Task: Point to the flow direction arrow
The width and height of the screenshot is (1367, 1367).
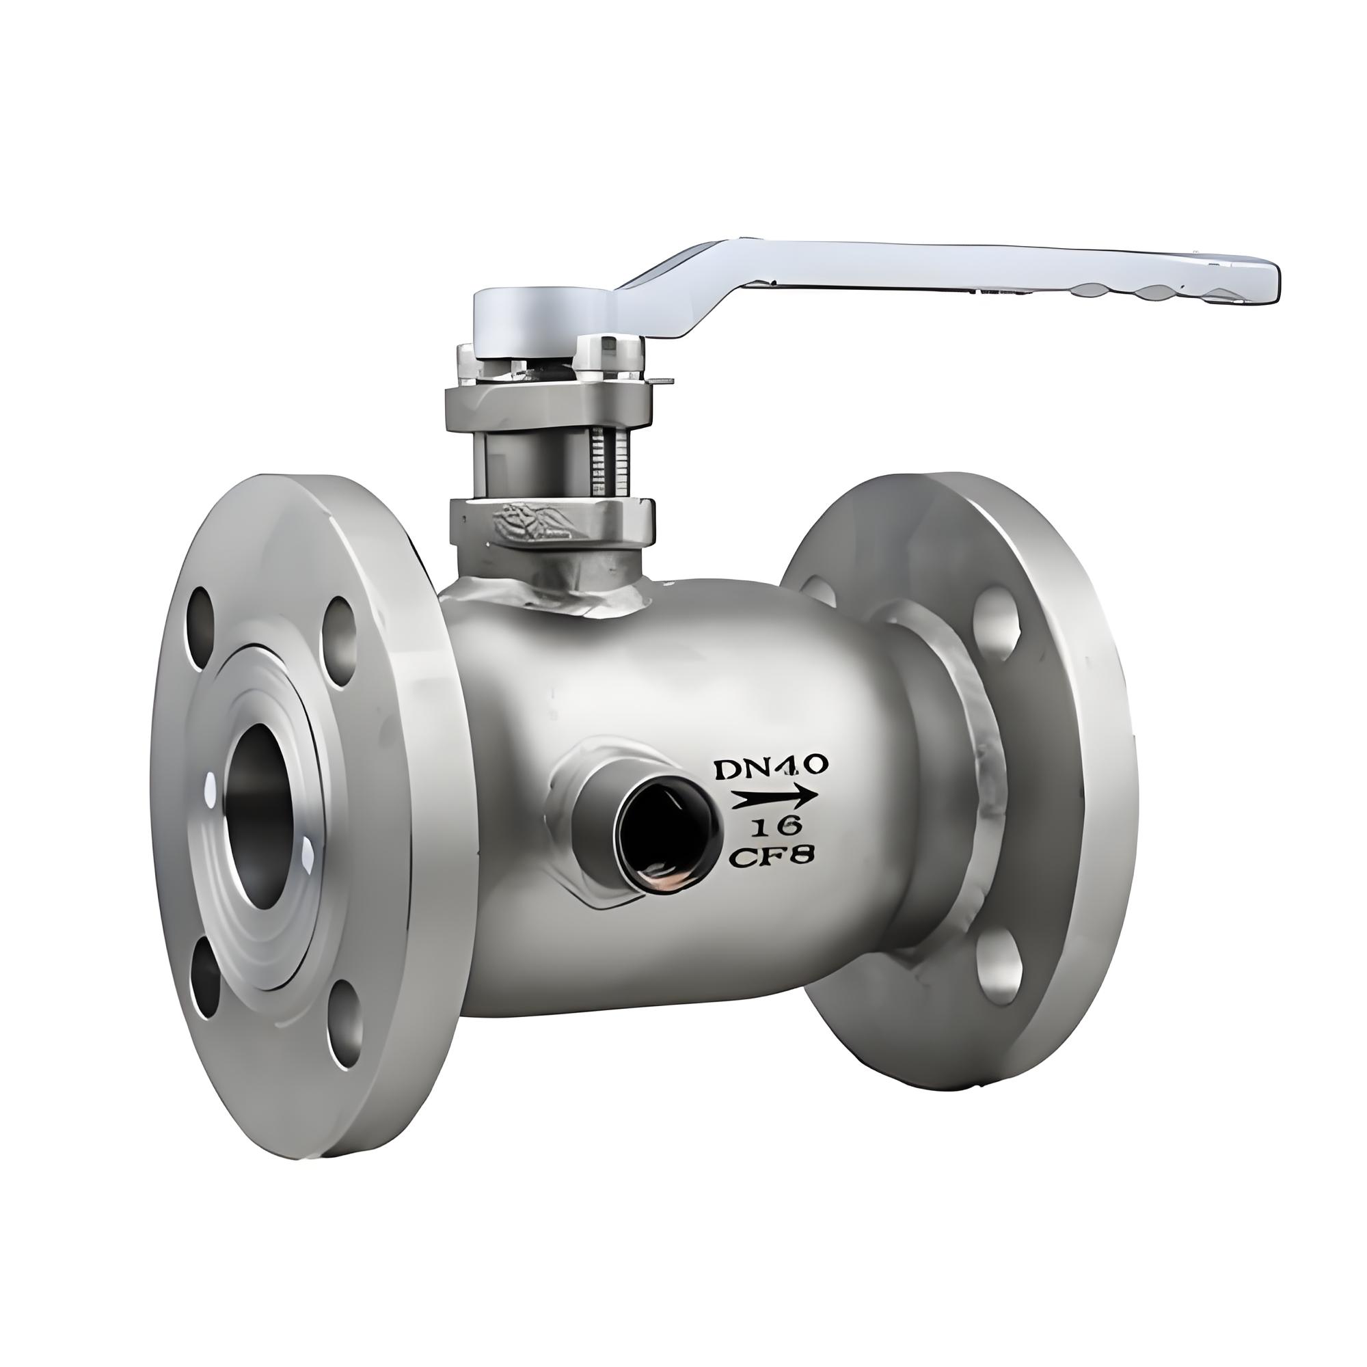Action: (773, 798)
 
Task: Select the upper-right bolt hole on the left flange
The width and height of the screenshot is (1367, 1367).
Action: (340, 644)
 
